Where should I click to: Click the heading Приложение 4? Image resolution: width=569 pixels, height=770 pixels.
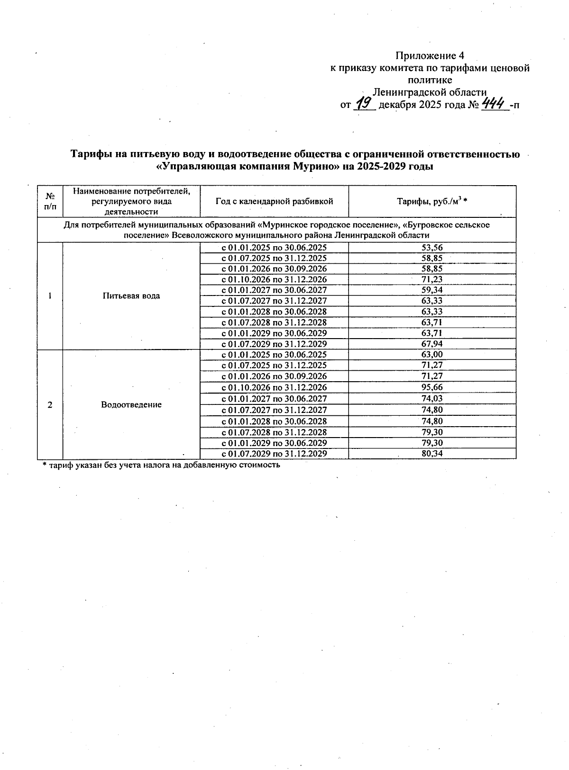tap(429, 56)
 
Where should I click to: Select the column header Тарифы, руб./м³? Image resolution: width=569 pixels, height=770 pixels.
tap(432, 201)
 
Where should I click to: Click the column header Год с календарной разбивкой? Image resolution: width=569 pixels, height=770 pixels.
tap(274, 201)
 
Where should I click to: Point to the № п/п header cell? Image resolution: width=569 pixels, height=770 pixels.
tap(50, 201)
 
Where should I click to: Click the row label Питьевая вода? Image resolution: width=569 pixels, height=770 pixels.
tap(131, 296)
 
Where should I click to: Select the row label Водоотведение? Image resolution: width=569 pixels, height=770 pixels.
tap(131, 404)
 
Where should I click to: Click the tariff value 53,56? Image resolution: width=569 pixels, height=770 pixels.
tap(432, 247)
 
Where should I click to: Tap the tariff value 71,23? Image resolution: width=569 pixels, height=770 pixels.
tap(432, 279)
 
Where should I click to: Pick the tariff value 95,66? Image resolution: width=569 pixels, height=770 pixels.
tap(432, 387)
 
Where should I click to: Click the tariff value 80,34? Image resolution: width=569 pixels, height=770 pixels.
tap(432, 454)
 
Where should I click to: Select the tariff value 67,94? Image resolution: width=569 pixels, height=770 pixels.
tap(432, 344)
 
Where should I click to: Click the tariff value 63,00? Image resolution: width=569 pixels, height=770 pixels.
tap(432, 355)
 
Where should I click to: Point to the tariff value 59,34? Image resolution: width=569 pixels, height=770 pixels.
tap(432, 290)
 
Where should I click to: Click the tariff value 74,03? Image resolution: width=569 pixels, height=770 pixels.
tap(432, 399)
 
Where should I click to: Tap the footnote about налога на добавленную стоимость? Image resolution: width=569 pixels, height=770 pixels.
tap(161, 465)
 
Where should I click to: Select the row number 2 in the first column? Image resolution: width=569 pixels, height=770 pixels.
tap(50, 404)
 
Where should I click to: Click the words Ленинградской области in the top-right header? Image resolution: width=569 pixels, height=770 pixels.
tap(430, 92)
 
